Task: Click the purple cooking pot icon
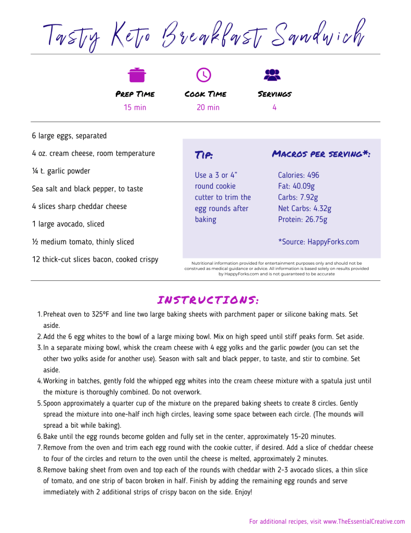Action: click(x=137, y=75)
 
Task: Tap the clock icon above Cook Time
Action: click(x=203, y=75)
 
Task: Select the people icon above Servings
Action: click(x=272, y=75)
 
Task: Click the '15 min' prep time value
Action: click(x=135, y=107)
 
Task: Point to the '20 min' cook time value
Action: click(x=208, y=107)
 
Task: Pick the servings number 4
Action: click(x=274, y=107)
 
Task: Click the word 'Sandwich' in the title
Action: click(x=318, y=34)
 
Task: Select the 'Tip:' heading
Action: click(x=203, y=155)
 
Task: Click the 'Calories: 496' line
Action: click(x=299, y=175)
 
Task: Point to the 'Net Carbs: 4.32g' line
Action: click(x=304, y=208)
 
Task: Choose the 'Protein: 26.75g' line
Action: click(x=303, y=219)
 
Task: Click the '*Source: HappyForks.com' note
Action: click(x=318, y=242)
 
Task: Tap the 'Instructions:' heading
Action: click(x=208, y=300)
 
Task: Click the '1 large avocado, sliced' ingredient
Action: click(x=68, y=224)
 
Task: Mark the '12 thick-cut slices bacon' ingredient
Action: click(x=95, y=259)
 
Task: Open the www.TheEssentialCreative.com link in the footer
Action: click(x=364, y=521)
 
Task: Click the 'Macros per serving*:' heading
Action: click(x=321, y=154)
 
